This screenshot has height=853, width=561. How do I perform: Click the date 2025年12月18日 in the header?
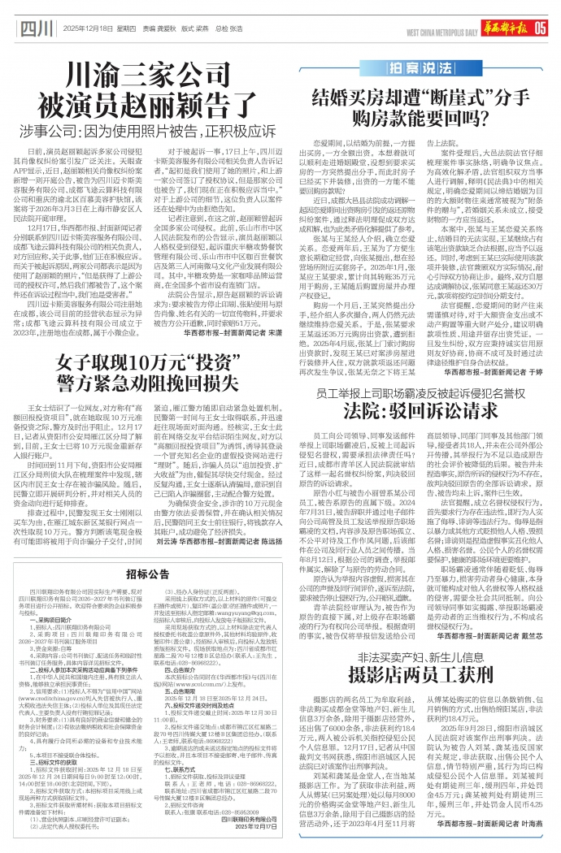88,30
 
